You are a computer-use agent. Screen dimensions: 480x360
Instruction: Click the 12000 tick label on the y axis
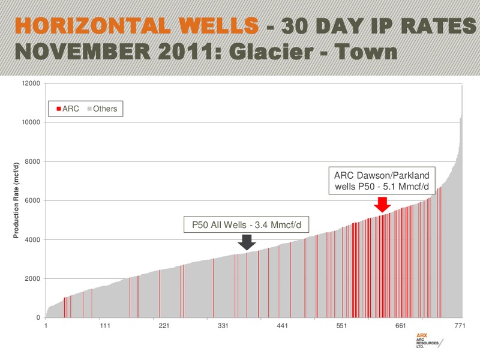click(x=31, y=83)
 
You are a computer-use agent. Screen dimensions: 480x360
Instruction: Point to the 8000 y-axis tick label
click(x=32, y=161)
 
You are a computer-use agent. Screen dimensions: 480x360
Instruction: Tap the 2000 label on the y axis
click(x=32, y=279)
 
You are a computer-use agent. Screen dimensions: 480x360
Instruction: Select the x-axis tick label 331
click(x=223, y=326)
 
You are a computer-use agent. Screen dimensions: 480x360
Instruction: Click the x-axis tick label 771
click(x=460, y=326)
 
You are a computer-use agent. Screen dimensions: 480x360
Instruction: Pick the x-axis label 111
click(x=105, y=326)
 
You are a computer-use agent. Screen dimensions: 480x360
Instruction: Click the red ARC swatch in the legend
click(x=59, y=109)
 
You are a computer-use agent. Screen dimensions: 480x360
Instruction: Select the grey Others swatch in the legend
click(x=89, y=109)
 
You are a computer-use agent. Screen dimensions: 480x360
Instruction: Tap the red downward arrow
click(x=382, y=205)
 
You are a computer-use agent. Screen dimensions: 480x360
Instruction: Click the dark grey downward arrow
click(x=247, y=242)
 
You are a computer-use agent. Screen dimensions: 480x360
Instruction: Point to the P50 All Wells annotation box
click(x=247, y=224)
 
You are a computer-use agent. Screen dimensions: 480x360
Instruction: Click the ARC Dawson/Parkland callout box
click(x=382, y=181)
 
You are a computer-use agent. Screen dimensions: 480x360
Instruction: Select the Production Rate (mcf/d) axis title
click(x=16, y=200)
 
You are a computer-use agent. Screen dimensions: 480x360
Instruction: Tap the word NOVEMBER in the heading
click(x=83, y=52)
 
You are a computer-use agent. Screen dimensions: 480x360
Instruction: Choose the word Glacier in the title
click(x=271, y=52)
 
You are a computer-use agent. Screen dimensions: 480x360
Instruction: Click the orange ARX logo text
click(x=422, y=335)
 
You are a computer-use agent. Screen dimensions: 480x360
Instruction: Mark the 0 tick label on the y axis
click(x=38, y=318)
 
